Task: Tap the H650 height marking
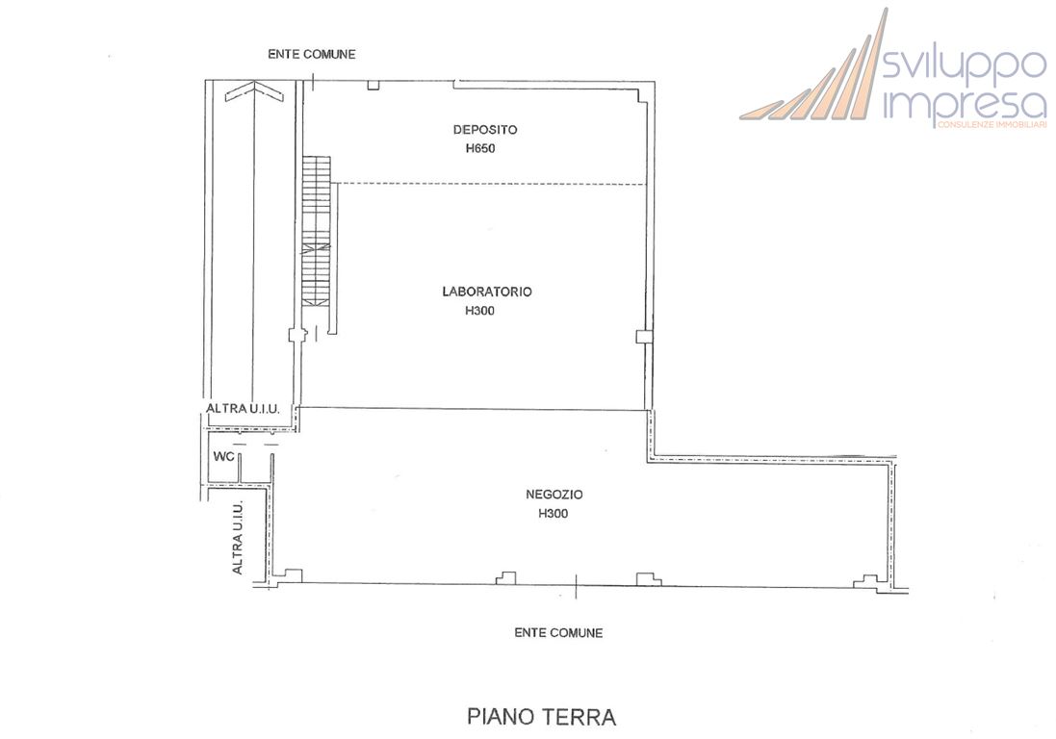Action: [x=479, y=149]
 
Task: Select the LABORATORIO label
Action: [x=487, y=292]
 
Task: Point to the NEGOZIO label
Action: [x=554, y=495]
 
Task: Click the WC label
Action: [x=224, y=455]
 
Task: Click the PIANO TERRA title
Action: [x=541, y=717]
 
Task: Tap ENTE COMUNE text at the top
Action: [x=311, y=54]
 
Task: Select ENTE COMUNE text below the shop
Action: [x=558, y=632]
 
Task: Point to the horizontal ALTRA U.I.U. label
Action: [x=243, y=409]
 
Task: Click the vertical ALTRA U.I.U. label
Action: [x=238, y=538]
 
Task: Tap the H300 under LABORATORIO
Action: [x=479, y=311]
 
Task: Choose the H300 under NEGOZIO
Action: [x=554, y=514]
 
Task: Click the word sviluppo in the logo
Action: [x=964, y=66]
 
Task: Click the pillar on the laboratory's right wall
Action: [x=642, y=336]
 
